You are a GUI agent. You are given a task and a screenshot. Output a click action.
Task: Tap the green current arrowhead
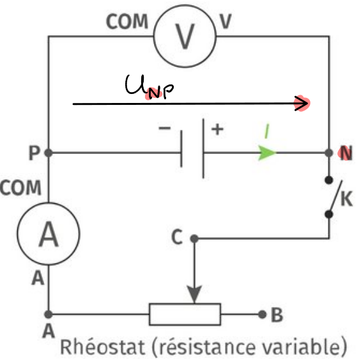coord(267,153)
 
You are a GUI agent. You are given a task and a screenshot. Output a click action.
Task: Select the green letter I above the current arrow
coord(267,131)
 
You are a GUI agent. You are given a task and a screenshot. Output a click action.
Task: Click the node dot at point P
coord(49,153)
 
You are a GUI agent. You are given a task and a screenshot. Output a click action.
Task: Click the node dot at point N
coord(329,153)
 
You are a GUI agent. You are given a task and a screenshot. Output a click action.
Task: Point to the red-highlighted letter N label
coord(346,153)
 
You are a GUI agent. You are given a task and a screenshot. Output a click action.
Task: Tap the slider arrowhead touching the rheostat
coord(194,295)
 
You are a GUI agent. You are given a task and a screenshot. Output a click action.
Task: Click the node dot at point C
coord(194,239)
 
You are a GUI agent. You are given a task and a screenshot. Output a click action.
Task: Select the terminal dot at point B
coord(262,314)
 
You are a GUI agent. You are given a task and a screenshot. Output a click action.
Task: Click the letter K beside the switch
coord(346,198)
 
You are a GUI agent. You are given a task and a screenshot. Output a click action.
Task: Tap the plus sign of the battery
coord(217,129)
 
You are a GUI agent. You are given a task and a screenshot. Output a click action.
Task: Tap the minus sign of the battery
coord(165,128)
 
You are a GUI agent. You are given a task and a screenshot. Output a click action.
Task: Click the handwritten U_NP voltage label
coord(150,87)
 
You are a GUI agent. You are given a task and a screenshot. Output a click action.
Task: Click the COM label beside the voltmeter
coord(127,22)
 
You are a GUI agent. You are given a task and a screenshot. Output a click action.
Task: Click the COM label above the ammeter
coord(20,187)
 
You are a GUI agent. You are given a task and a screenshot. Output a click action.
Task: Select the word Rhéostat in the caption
coord(102,346)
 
